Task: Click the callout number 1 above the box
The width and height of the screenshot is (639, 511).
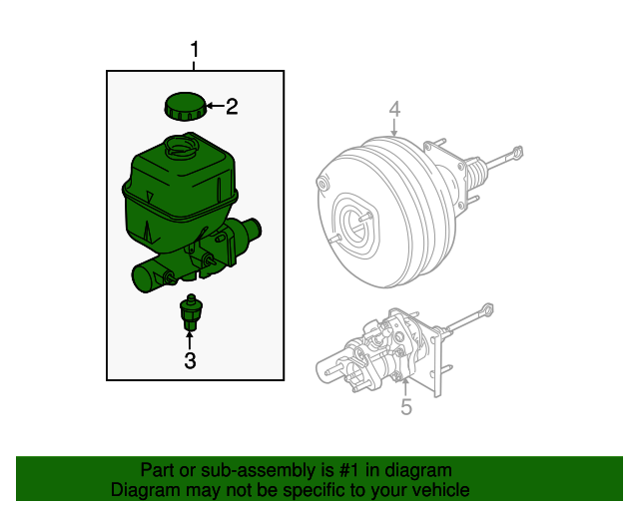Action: pos(196,49)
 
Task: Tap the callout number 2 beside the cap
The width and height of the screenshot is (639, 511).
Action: pos(232,107)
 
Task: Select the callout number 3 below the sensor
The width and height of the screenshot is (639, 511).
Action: pos(190,361)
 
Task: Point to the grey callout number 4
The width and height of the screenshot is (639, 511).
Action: pos(394,110)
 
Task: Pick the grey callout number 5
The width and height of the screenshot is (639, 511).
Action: pos(405,406)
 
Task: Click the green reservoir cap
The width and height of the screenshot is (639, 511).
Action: pos(183,105)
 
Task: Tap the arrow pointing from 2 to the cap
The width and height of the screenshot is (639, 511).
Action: pos(213,106)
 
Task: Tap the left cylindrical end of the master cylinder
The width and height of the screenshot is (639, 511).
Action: pos(141,278)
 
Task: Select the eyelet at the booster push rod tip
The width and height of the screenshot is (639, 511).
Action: pos(517,154)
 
